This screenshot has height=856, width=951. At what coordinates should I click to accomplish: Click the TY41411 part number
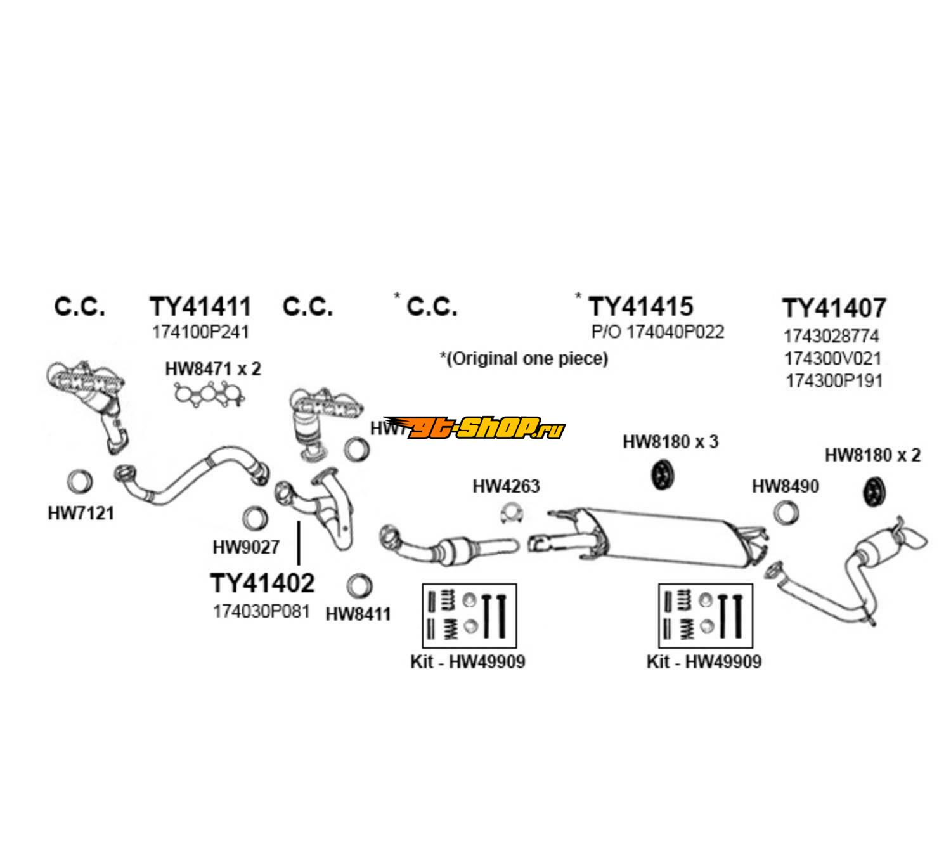[x=200, y=307]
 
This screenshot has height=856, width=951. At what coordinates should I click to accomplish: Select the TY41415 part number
[x=641, y=307]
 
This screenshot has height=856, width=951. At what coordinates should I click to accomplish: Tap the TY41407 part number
[x=833, y=309]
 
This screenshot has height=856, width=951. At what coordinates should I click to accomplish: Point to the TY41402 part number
[x=262, y=583]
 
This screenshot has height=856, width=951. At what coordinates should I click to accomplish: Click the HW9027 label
[x=246, y=546]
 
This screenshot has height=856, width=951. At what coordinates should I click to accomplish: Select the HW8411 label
[x=358, y=614]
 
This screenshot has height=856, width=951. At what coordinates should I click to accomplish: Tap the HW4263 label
[x=506, y=486]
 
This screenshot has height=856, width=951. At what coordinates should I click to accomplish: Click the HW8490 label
[x=785, y=486]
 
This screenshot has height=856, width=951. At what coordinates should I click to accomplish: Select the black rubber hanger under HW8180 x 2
[x=876, y=492]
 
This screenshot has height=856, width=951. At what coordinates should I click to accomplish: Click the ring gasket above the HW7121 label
[x=80, y=482]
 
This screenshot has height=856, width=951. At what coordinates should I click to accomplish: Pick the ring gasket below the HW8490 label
[x=786, y=512]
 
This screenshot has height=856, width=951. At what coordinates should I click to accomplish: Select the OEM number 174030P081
[x=261, y=611]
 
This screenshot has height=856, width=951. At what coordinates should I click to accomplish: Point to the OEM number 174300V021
[x=832, y=358]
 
